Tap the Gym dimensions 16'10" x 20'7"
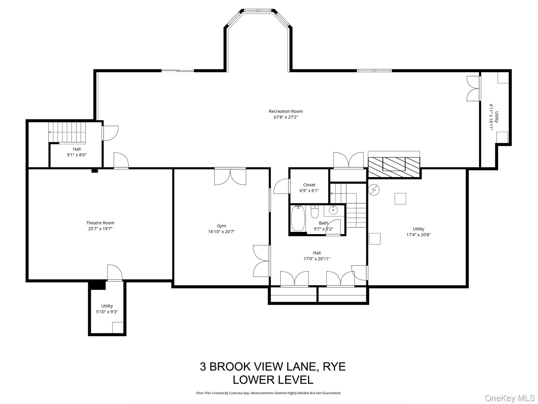pyautogui.click(x=221, y=232)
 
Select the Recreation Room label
pyautogui.click(x=286, y=111)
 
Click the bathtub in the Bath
pyautogui.click(x=298, y=218)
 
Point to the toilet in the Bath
pyautogui.click(x=314, y=212)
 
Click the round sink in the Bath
pyautogui.click(x=333, y=210)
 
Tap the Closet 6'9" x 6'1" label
pyautogui.click(x=309, y=188)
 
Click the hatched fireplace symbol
pyautogui.click(x=394, y=167)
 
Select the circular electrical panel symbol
pyautogui.click(x=374, y=190)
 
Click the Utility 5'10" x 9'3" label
pyautogui.click(x=107, y=309)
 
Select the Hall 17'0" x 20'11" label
pyautogui.click(x=317, y=256)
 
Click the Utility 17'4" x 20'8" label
pyautogui.click(x=418, y=232)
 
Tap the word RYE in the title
pyautogui.click(x=334, y=366)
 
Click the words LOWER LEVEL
pyautogui.click(x=273, y=380)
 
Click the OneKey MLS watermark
pyautogui.click(x=510, y=398)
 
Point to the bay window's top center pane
pyautogui.click(x=258, y=11)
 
